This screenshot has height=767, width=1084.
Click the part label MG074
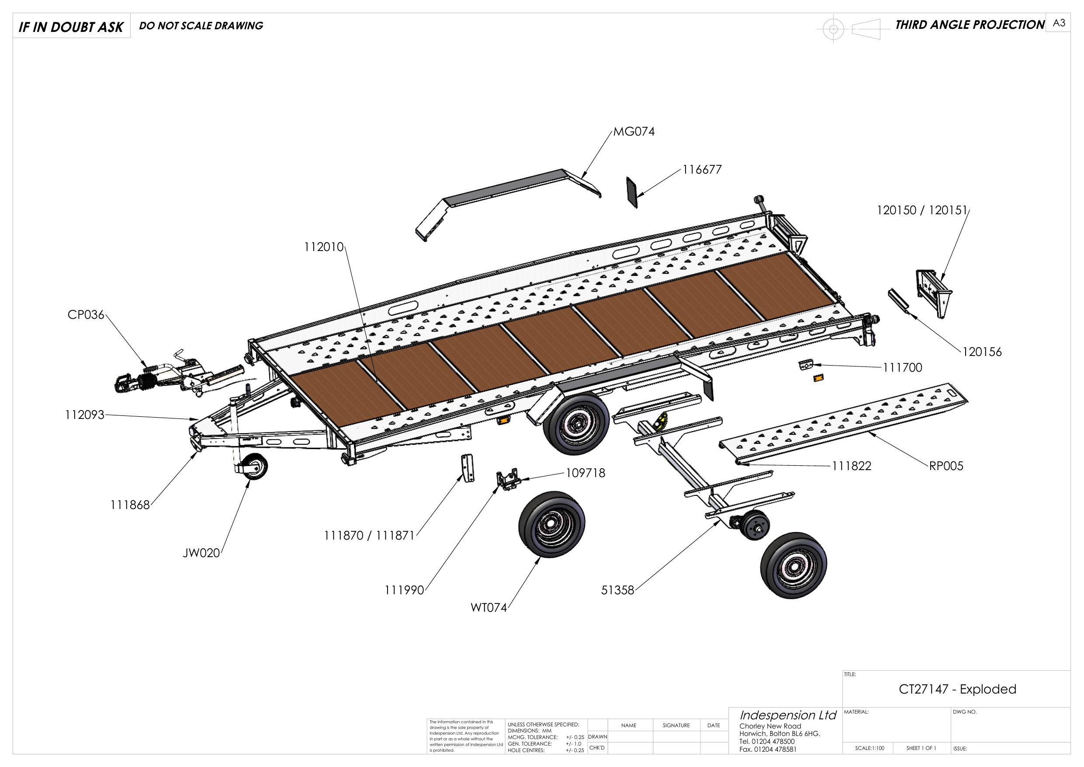pos(634,132)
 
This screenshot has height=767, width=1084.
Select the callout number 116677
pos(702,169)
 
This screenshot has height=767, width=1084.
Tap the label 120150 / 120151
pos(922,210)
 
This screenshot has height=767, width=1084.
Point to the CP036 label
pos(86,315)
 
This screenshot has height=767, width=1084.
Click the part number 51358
pos(617,590)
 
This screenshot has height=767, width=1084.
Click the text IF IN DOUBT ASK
pos(71,27)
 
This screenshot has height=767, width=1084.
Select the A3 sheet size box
pos(1059,23)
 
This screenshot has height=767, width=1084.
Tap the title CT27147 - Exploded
pos(957,689)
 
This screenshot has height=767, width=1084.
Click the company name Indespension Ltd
pos(787,715)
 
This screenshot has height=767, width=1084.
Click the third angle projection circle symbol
pos(833,29)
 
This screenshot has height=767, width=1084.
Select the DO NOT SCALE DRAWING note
pos(201,25)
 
